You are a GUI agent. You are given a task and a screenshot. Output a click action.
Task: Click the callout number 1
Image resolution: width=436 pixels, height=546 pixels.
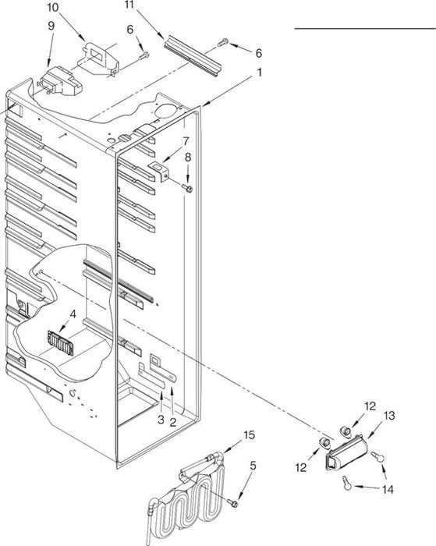[x=260, y=73]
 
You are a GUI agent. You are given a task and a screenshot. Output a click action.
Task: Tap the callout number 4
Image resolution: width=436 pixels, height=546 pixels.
[x=73, y=314]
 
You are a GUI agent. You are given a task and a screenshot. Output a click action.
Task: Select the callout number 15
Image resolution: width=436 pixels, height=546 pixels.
[x=249, y=434]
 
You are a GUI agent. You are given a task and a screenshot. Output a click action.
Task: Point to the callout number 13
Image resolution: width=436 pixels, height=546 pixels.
[x=389, y=415]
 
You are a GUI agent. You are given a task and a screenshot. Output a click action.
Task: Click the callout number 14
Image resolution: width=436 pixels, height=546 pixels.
[x=388, y=490]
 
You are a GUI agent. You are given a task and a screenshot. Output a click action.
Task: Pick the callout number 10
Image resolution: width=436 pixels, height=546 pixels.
[x=52, y=8]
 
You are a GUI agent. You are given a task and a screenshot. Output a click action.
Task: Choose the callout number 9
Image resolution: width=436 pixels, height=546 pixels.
[x=51, y=27]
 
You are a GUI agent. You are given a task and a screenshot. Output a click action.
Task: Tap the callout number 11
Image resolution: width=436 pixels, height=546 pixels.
[x=129, y=5]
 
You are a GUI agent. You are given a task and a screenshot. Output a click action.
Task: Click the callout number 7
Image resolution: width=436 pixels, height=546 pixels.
[x=186, y=141]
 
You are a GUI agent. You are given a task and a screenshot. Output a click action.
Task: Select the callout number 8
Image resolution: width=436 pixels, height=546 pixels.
[x=188, y=158]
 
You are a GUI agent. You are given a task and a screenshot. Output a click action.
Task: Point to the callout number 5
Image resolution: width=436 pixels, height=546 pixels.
[x=253, y=465]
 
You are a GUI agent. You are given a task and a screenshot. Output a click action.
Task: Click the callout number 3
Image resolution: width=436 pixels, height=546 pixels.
[x=161, y=420]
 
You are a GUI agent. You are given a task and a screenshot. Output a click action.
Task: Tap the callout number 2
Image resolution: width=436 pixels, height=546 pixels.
[x=172, y=423]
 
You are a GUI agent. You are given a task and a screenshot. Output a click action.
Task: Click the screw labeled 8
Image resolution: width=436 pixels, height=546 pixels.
[x=187, y=189]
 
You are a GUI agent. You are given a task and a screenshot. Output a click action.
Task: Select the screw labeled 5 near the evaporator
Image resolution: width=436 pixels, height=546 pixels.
[x=232, y=503]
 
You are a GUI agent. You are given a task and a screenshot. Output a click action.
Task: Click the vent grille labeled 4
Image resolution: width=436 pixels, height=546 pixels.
[x=61, y=343]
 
